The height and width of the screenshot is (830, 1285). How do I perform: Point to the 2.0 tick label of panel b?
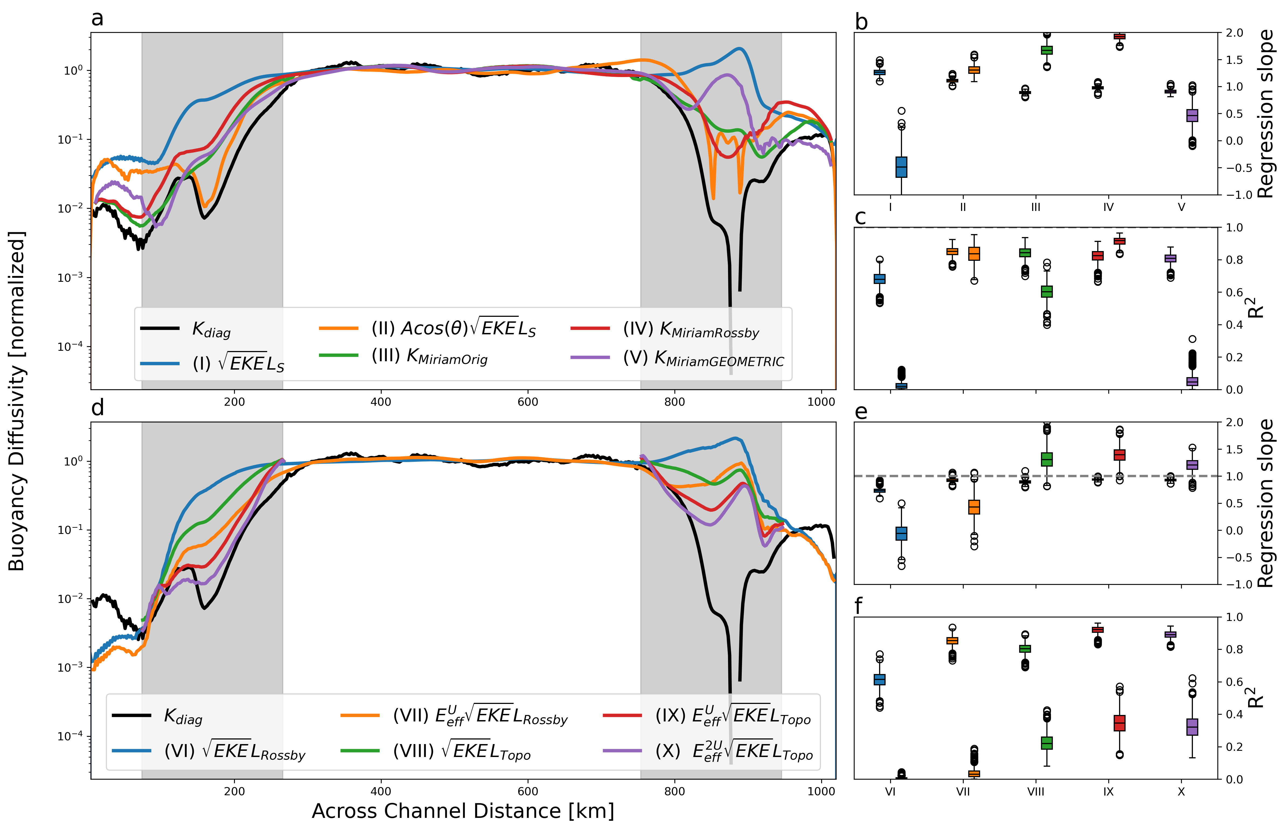point(1234,33)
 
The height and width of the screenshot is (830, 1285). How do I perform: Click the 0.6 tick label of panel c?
point(1234,292)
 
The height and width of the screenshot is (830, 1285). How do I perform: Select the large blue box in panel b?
point(901,167)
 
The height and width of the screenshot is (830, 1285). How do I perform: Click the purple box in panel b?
point(1192,115)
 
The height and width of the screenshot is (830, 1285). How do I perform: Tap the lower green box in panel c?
point(1047,291)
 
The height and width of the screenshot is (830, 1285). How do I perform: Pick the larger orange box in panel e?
point(974,507)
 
